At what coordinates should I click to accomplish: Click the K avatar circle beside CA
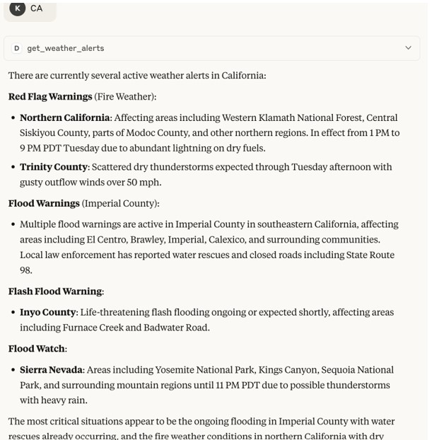18,8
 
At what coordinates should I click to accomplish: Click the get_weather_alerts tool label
66,48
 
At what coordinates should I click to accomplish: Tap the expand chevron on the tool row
408,48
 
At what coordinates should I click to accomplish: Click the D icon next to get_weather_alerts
17,48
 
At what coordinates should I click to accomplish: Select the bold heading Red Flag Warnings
50,96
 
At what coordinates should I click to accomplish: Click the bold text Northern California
65,117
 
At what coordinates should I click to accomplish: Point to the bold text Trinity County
54,167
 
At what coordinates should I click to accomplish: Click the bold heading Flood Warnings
44,203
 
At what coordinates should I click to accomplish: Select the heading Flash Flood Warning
55,291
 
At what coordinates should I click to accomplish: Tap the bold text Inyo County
48,312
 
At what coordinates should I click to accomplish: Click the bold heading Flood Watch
37,348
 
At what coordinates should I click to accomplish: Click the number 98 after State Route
26,270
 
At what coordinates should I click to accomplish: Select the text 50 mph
145,183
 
